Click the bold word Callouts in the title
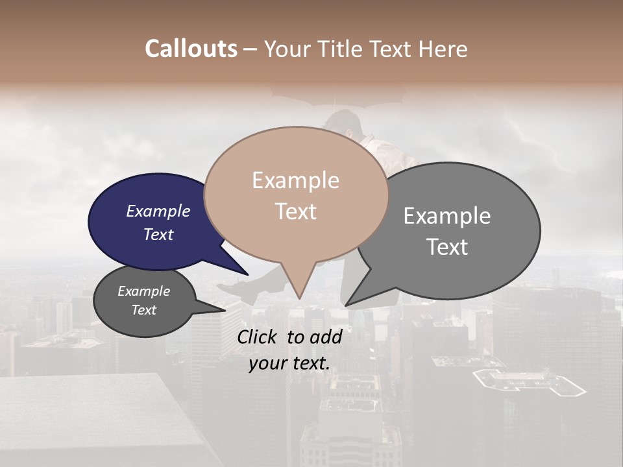[x=191, y=49]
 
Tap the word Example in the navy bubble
[x=158, y=211]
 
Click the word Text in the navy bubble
[x=158, y=234]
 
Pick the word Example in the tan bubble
[x=295, y=180]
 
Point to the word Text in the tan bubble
[x=295, y=211]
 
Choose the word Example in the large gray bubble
[x=447, y=216]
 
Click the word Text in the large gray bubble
[x=447, y=247]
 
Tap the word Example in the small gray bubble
[x=143, y=291]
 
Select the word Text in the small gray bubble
[x=143, y=310]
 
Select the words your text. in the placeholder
[x=289, y=363]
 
